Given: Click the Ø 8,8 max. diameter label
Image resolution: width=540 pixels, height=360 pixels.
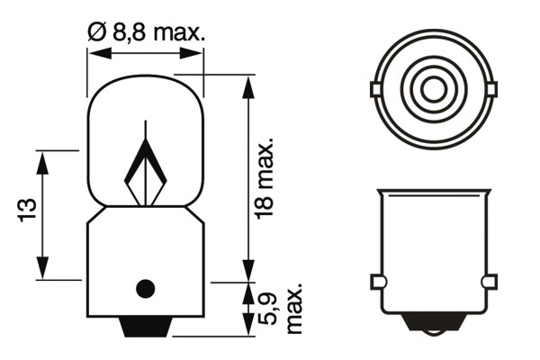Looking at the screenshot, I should pos(146,33).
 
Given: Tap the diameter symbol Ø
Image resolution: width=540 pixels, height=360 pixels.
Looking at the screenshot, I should pos(97,33).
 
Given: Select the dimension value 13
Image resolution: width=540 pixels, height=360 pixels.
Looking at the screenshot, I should pos(26,211).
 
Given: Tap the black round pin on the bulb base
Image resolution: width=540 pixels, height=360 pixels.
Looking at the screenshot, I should pos(144,289).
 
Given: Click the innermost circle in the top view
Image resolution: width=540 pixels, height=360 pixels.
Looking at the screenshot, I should pos(433,89).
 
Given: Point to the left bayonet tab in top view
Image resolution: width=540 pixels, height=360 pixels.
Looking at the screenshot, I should pos(374,89).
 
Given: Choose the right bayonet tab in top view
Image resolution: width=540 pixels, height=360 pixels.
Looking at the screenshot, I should pos(491,89).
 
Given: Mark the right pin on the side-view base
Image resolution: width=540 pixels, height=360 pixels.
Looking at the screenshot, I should pos(490,283).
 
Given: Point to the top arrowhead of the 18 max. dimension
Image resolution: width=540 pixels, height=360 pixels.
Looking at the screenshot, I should pos(246,81).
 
